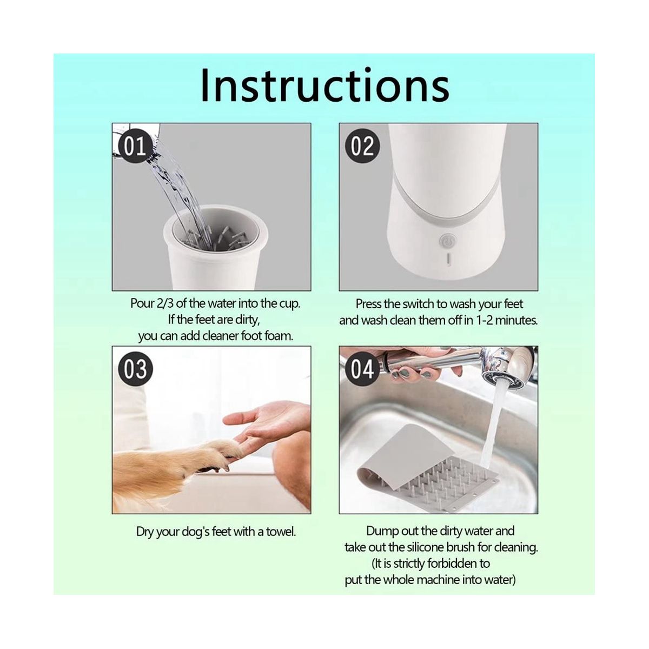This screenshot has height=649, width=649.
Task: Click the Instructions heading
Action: pos(325,85)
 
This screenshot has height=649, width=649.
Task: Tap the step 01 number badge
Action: pos(134,147)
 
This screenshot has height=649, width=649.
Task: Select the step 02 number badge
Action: pos(362,147)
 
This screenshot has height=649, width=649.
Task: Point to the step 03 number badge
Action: pos(135,369)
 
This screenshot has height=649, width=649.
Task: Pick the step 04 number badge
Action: pos(362,369)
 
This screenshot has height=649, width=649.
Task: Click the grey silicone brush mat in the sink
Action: pos(428,468)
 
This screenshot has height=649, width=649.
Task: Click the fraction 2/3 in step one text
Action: pos(165,304)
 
